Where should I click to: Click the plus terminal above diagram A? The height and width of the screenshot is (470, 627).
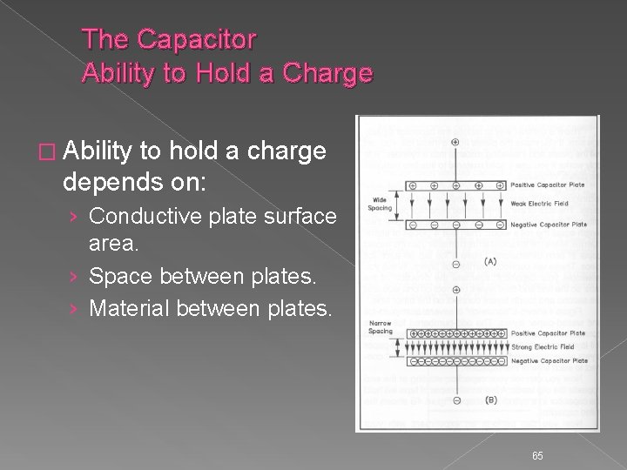tap(455, 142)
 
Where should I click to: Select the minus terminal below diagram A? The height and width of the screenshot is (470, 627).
tap(455, 262)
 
